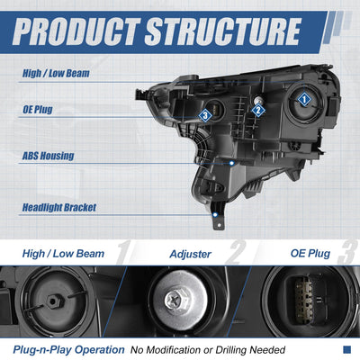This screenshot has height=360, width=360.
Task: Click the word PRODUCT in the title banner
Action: click(x=76, y=31)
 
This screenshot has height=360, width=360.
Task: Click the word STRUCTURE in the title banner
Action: click(x=222, y=31)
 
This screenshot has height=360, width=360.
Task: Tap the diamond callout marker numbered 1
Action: click(x=304, y=99)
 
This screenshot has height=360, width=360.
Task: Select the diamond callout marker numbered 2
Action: click(x=258, y=110)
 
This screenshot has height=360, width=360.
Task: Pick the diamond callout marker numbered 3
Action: click(x=205, y=115)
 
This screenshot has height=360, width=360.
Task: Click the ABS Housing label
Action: click(x=49, y=156)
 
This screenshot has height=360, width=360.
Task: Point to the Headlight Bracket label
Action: click(x=59, y=207)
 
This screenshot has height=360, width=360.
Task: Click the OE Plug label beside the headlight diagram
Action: click(x=38, y=110)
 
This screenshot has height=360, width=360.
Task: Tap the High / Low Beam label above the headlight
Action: click(x=56, y=73)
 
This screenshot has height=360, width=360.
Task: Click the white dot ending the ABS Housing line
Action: click(x=231, y=163)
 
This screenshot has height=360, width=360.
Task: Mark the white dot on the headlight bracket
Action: click(x=215, y=215)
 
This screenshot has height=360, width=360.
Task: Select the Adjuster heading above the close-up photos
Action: click(x=191, y=254)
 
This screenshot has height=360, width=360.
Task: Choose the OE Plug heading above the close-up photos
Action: click(x=310, y=254)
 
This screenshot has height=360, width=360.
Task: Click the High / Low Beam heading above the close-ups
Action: click(x=63, y=254)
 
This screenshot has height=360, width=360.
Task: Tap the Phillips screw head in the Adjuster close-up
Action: click(x=176, y=300)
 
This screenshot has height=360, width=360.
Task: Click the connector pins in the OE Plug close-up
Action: click(x=303, y=300)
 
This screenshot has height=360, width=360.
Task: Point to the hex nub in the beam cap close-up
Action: click(x=55, y=301)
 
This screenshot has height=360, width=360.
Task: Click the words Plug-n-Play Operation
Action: click(x=68, y=350)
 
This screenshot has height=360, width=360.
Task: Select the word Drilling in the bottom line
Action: click(x=231, y=350)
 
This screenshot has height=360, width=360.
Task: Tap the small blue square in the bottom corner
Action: click(x=346, y=349)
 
